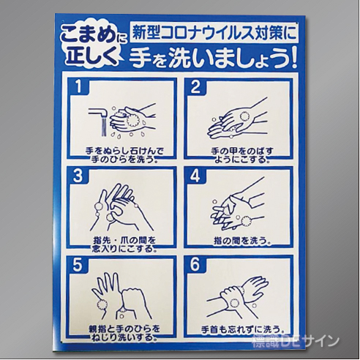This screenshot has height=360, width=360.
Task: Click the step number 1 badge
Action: click(80, 87)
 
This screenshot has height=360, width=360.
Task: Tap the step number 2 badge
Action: click(195, 87)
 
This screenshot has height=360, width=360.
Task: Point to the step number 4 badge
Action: click(195, 176)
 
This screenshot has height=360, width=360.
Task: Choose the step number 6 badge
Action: click(195, 265)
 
